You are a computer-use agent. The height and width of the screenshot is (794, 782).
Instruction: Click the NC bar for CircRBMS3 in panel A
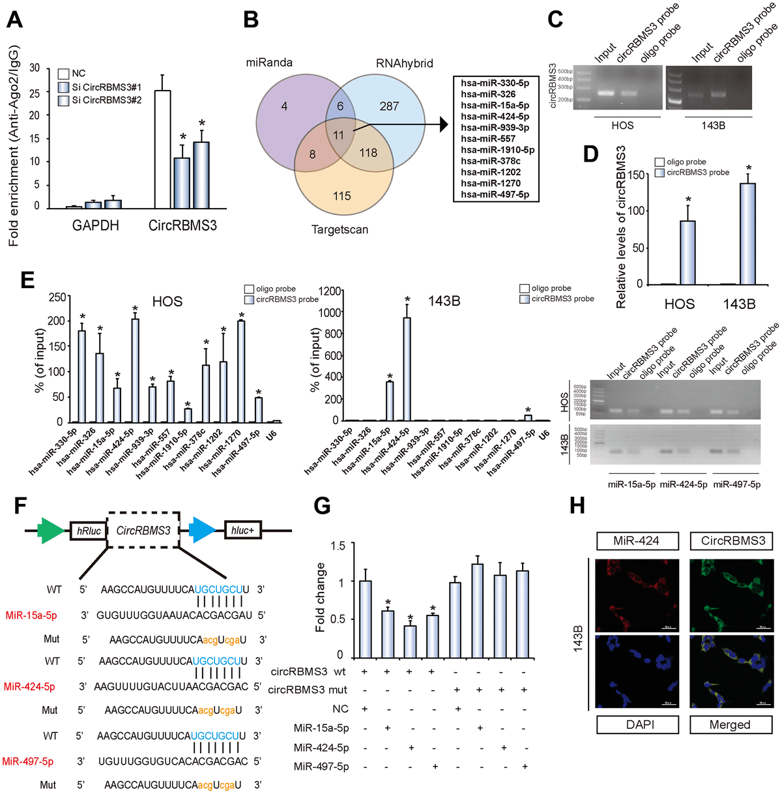[x=162, y=149]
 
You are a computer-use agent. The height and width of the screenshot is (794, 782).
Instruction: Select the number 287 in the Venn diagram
[x=389, y=106]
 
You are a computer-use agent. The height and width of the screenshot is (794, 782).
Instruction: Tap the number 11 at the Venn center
[x=338, y=135]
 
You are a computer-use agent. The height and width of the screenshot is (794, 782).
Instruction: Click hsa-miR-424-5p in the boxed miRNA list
[x=495, y=116]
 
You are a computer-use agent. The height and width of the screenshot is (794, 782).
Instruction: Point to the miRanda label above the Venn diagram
[x=269, y=63]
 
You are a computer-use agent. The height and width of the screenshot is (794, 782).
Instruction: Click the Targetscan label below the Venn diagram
[x=340, y=229]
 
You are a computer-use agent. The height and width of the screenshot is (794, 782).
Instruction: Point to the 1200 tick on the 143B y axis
[x=330, y=291]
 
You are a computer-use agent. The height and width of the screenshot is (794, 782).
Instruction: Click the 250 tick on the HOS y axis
[x=57, y=297]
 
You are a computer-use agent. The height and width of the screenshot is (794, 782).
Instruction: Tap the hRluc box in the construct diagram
[x=89, y=531]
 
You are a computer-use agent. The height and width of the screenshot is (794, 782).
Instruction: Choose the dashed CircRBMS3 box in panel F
[x=143, y=530]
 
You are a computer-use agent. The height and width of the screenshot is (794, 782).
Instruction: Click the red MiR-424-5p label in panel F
[x=29, y=686]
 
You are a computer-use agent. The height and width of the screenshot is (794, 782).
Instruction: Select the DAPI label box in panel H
[x=640, y=724]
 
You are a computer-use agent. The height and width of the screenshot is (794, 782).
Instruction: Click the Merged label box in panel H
[x=730, y=724]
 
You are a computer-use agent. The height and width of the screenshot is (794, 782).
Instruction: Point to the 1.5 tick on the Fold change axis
[x=336, y=545]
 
